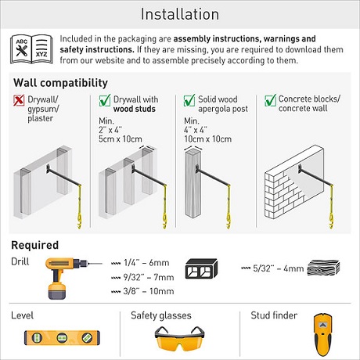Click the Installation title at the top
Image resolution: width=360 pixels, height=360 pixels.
click(x=180, y=14)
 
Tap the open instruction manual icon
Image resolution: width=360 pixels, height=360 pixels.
click(x=31, y=49)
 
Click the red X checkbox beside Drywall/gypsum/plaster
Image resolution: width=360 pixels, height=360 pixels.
click(x=19, y=100)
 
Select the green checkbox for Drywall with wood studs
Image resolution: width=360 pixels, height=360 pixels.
click(x=105, y=100)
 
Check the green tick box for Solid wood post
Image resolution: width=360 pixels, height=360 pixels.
click(x=189, y=100)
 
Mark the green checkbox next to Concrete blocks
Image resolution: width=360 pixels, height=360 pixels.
click(x=270, y=100)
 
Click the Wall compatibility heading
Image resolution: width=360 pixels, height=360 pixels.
click(x=60, y=83)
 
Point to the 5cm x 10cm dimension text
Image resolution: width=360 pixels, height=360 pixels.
click(x=121, y=139)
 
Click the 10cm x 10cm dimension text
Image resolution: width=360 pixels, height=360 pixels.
click(x=207, y=139)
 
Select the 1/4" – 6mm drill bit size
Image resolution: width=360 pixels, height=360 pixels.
click(x=146, y=263)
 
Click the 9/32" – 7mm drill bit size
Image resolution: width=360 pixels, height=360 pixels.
click(x=149, y=277)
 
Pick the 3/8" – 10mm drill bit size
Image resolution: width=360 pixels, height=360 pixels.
click(x=149, y=291)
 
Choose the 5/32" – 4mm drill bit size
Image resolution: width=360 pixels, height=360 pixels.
click(x=279, y=268)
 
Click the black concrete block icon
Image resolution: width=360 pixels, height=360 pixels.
click(x=201, y=268)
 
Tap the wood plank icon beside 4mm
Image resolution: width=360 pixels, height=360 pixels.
click(x=323, y=268)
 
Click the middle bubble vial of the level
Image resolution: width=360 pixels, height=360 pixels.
click(x=62, y=338)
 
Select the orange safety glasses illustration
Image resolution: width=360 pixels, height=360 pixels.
click(x=179, y=338)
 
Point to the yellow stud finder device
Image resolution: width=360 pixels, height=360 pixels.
click(x=323, y=335)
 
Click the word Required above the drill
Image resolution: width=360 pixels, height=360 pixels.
click(x=35, y=245)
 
